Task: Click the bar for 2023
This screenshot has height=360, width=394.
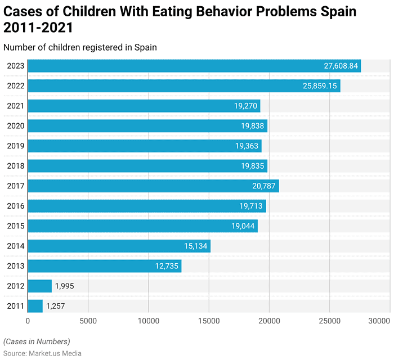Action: click(x=194, y=66)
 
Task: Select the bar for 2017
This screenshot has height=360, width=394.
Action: click(x=153, y=186)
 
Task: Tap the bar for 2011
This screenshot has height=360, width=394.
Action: click(x=35, y=306)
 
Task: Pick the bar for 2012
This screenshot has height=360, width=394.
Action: click(x=39, y=286)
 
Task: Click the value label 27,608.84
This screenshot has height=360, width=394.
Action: click(x=341, y=66)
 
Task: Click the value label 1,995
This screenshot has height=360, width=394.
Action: click(x=64, y=286)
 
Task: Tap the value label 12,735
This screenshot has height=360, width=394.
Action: click(x=167, y=266)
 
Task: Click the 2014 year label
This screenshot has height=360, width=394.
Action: click(x=15, y=246)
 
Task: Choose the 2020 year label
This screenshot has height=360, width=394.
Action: click(x=15, y=126)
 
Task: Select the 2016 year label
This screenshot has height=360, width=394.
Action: click(x=15, y=206)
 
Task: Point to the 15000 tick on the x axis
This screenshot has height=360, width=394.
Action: click(x=209, y=321)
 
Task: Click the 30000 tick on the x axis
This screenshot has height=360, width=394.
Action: click(x=380, y=321)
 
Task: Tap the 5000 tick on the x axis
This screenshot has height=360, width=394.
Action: click(x=88, y=321)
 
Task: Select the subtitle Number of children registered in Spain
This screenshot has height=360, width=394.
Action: click(x=80, y=47)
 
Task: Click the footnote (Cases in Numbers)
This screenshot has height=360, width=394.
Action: click(x=37, y=341)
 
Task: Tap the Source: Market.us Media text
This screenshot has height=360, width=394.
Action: click(x=42, y=353)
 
